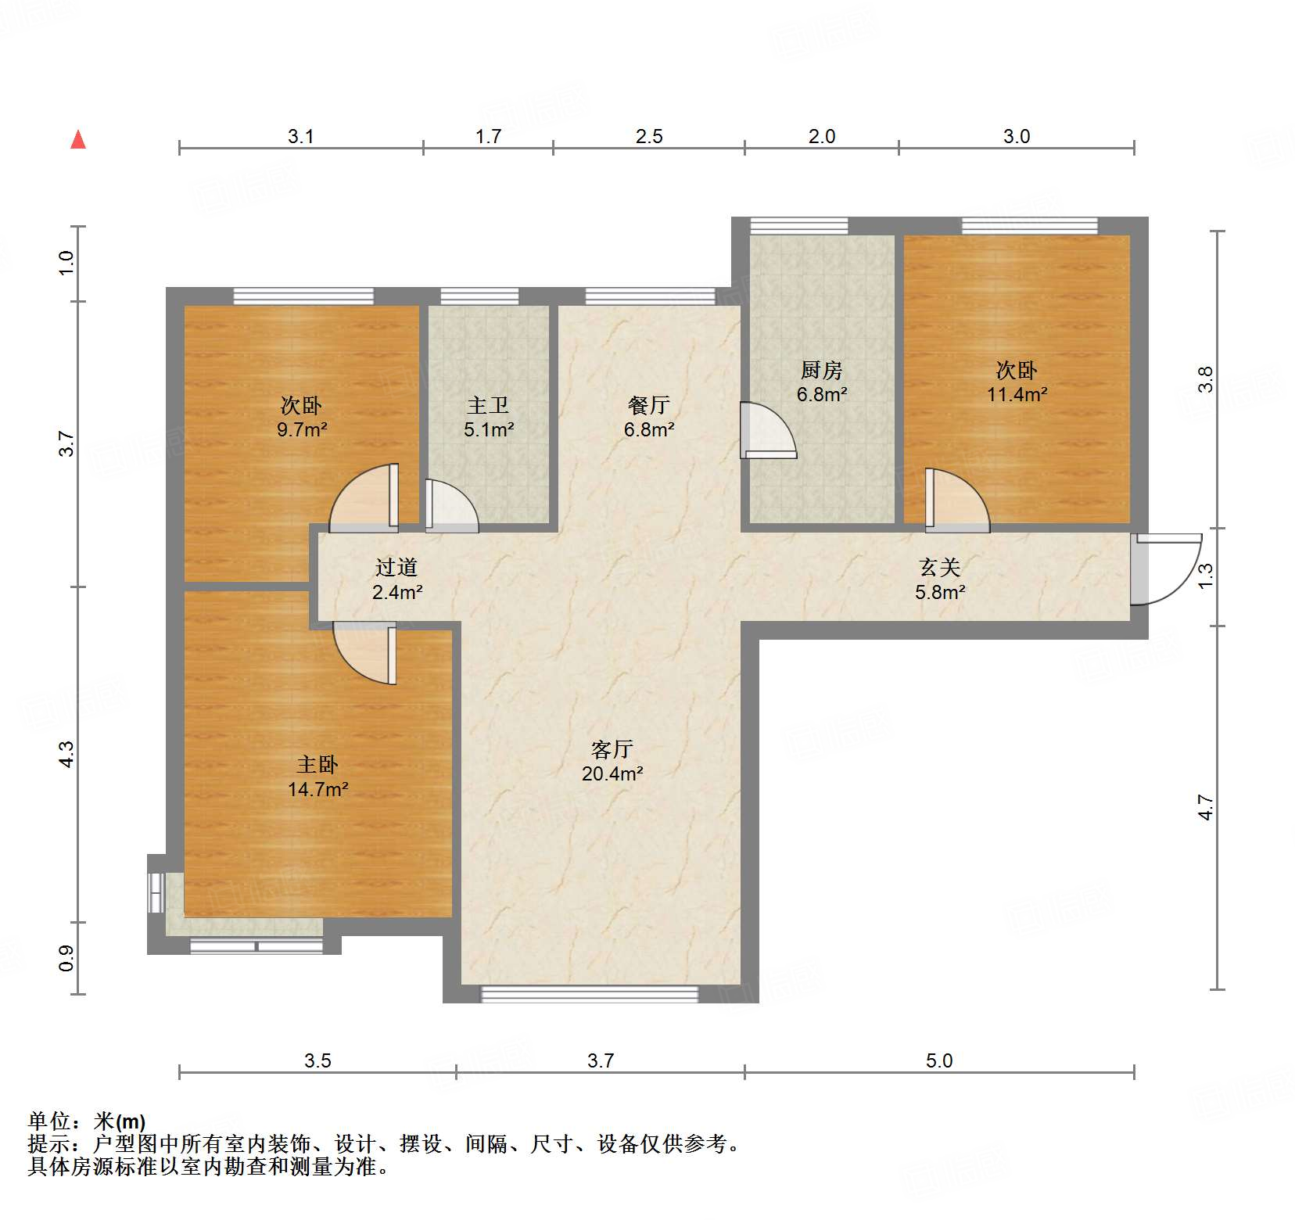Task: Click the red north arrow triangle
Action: click(x=78, y=140)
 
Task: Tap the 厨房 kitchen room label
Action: click(x=821, y=369)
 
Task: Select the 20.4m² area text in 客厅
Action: click(x=612, y=774)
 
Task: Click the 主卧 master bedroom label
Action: click(x=317, y=764)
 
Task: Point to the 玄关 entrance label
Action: click(x=939, y=567)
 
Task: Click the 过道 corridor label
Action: click(x=396, y=567)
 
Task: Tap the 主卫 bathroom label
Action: click(x=488, y=405)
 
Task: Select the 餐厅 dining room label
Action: click(x=649, y=405)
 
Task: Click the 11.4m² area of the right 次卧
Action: click(x=1017, y=395)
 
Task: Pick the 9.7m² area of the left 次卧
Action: click(x=302, y=429)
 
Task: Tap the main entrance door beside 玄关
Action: click(x=1165, y=569)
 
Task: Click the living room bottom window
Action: click(x=589, y=994)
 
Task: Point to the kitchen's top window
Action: click(x=798, y=226)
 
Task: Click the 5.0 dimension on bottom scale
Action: click(x=939, y=1060)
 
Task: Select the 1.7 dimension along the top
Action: click(x=488, y=136)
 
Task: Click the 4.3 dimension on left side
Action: click(x=66, y=754)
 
